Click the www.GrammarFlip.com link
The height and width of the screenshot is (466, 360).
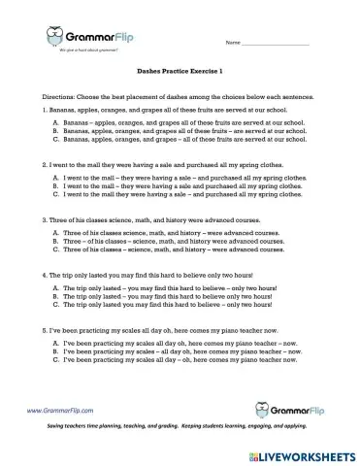pos(66,411)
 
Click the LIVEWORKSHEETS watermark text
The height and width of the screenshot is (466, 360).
pos(310,453)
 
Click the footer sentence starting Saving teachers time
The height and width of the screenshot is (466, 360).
pos(180,427)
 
